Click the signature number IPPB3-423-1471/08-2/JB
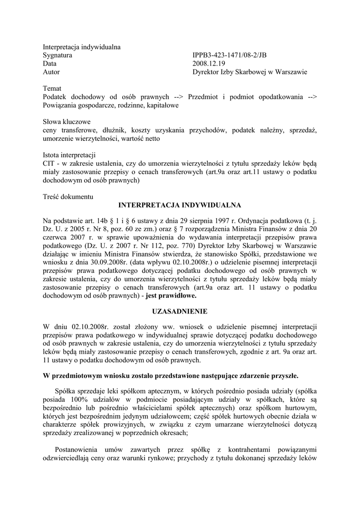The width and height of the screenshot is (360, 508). (232, 56)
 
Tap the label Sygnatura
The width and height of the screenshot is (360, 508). (58, 56)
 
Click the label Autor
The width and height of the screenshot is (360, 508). (52, 72)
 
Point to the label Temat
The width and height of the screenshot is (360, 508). (53, 88)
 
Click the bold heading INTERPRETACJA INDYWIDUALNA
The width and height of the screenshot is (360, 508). (180, 205)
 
